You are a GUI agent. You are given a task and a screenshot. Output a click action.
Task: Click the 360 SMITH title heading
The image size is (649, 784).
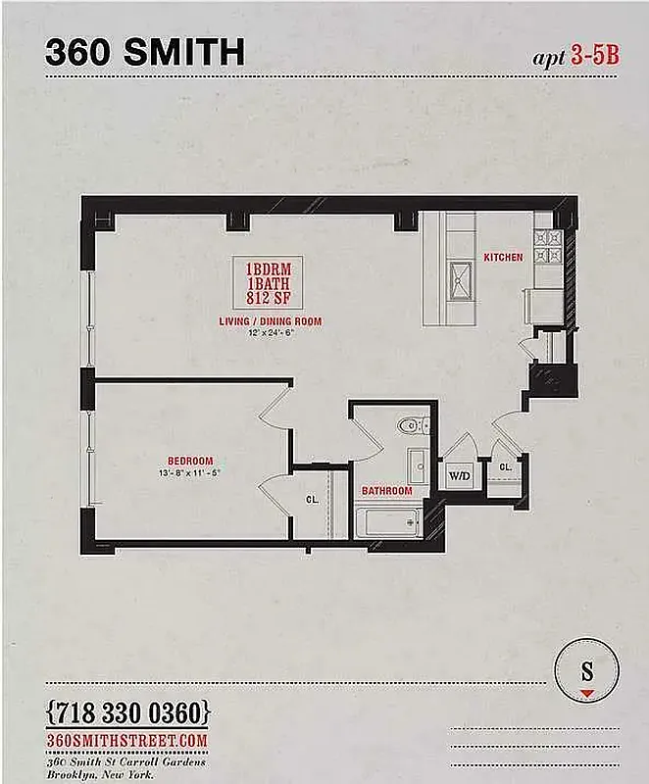[145, 51]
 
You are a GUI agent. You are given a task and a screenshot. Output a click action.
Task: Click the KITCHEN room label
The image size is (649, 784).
[503, 258]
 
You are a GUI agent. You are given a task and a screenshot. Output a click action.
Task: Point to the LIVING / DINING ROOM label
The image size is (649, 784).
[271, 321]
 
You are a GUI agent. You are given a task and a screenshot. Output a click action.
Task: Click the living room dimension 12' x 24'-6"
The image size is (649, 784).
[272, 332]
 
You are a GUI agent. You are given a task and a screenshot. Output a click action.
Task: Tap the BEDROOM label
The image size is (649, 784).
[190, 461]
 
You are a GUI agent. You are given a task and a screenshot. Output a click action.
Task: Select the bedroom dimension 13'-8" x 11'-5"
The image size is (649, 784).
[190, 471]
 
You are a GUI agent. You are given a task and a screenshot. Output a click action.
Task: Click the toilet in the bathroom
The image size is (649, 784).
[413, 425]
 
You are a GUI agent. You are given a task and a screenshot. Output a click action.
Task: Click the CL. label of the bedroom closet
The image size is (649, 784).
[313, 500]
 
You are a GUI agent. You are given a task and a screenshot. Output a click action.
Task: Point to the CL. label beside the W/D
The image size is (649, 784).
[505, 468]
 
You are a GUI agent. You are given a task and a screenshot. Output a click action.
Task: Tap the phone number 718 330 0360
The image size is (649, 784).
[127, 710]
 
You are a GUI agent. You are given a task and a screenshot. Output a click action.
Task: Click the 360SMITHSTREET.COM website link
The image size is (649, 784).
[127, 740]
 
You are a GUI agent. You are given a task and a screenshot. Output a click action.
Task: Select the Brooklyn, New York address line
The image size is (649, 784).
[102, 772]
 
